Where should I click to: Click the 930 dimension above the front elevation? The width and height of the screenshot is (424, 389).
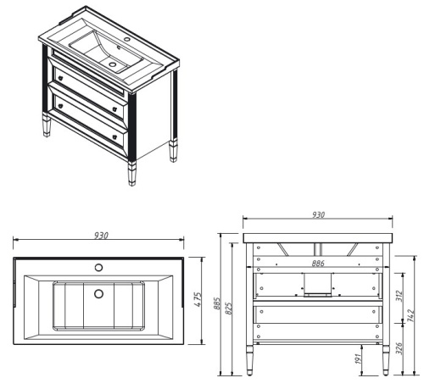point(318,215)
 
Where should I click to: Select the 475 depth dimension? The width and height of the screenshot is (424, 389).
point(197,300)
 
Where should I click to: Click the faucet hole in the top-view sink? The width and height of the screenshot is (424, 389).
point(98,267)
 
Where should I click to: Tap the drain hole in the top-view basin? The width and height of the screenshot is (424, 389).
point(98,294)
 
